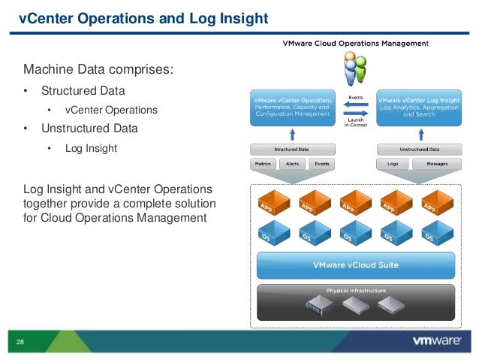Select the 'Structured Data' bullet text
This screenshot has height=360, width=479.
(83, 91)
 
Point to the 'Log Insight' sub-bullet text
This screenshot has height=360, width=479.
(91, 148)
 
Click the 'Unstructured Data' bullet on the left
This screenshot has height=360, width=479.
(89, 129)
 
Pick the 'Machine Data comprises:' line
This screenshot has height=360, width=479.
(98, 71)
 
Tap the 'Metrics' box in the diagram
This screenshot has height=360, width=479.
(263, 163)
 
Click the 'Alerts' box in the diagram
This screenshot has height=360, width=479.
(293, 163)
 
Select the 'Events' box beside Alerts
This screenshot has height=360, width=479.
(321, 163)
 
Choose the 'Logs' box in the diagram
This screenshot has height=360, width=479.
(392, 163)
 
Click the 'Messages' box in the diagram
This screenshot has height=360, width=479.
(436, 163)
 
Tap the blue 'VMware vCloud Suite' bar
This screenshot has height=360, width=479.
(355, 265)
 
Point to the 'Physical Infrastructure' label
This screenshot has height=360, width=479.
(356, 290)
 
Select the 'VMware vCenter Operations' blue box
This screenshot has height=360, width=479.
(292, 108)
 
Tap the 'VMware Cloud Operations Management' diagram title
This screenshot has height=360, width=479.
(355, 44)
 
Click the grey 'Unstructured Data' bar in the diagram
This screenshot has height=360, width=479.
(418, 149)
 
